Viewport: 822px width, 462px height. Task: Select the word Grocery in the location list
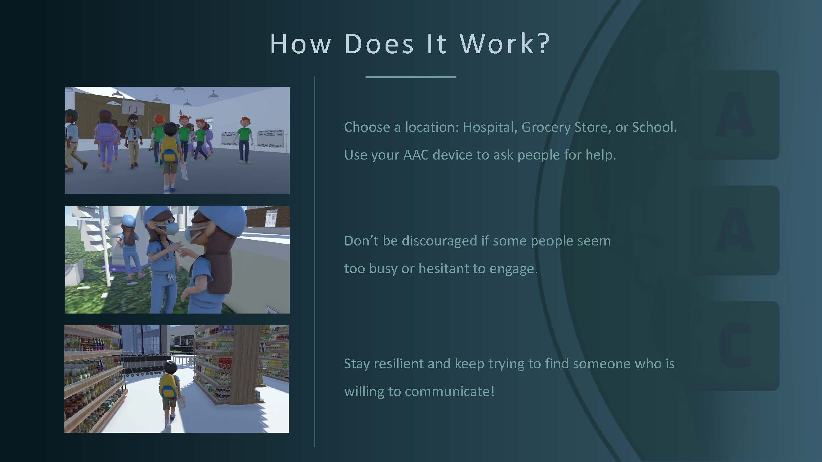pos(546,128)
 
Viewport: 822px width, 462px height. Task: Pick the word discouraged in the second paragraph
pos(440,241)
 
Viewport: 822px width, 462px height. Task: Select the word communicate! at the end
pos(450,391)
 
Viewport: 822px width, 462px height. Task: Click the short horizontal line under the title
pos(411,77)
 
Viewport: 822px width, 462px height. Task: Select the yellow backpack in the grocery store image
pos(168,386)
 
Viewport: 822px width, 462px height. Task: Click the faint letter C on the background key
pos(735,345)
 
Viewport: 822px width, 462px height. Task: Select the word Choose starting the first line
pos(367,127)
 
